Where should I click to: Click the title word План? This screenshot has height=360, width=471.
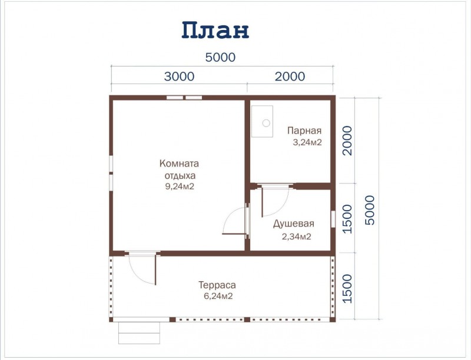pos(215,31)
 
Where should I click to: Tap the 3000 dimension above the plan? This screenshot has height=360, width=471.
pos(180,76)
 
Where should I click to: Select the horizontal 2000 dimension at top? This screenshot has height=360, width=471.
pos(290,76)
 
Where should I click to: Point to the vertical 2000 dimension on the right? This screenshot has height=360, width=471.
pos(347,141)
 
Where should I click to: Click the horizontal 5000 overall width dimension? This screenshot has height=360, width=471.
pos(220,57)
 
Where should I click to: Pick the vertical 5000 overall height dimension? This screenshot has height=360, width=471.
pos(370,210)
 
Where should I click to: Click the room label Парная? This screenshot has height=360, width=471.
pos(304,131)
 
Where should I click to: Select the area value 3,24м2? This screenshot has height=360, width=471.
pos(307,142)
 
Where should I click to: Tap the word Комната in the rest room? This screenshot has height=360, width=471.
pos(180,164)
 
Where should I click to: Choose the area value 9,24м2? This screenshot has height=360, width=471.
pos(180,186)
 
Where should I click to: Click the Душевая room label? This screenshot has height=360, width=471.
pos(293,224)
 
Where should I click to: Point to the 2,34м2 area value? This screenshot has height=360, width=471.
pos(297,236)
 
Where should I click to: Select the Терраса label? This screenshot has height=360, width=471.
pos(217,285)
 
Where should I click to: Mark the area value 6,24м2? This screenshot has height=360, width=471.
pos(218,296)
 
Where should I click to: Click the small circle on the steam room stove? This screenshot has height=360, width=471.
pos(266,123)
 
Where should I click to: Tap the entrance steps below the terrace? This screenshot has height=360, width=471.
pos(139,333)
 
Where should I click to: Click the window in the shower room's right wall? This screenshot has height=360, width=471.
pos(333,219)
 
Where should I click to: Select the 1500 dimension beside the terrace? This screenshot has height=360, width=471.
pos(347,289)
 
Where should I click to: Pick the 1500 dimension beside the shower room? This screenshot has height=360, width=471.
pos(347,219)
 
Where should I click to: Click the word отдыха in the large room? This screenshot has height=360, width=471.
pos(180,175)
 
